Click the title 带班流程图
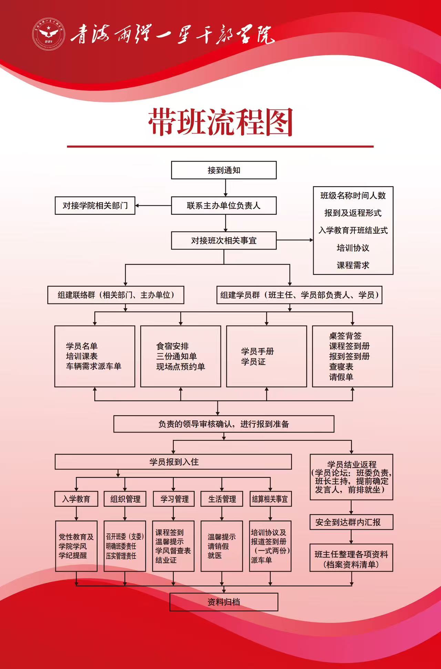[x=220, y=122]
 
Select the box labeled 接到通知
[x=224, y=170]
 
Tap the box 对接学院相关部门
[x=95, y=205]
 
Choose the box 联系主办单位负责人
[x=224, y=205]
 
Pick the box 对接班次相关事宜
[x=224, y=241]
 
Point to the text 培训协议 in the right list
[x=353, y=248]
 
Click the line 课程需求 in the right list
[x=353, y=265]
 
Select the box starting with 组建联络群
[x=116, y=295]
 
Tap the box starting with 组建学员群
[x=299, y=295]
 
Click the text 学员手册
[x=257, y=351]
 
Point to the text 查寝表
[x=341, y=366]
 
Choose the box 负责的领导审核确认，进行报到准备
[x=224, y=424]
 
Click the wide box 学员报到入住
[x=173, y=462]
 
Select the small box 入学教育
[x=76, y=499]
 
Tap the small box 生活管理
[x=222, y=499]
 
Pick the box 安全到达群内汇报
[x=351, y=522]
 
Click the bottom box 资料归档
[x=224, y=602]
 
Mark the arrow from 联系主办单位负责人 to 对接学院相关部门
[x=153, y=205]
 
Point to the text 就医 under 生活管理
[x=215, y=556]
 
